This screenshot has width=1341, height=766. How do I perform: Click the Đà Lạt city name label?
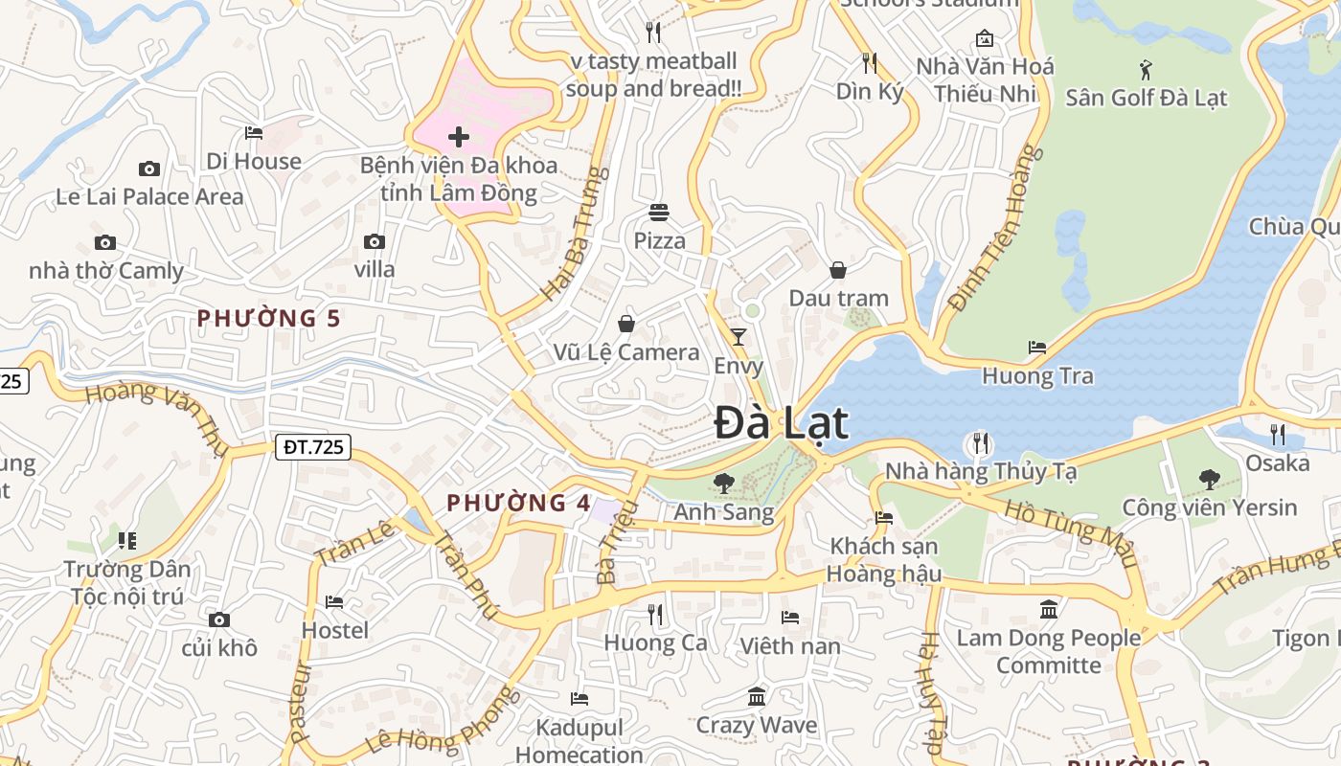click(x=781, y=423)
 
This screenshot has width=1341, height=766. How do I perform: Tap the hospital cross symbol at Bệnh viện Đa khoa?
click(x=459, y=137)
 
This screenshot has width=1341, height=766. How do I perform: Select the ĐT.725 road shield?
click(x=313, y=446)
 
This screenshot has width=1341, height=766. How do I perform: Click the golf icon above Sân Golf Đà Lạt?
click(x=1146, y=69)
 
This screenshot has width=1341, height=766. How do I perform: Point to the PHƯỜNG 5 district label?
click(x=268, y=318)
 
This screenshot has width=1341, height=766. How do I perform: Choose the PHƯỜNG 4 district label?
click(x=518, y=502)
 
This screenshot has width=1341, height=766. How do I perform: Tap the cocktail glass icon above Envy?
click(x=739, y=336)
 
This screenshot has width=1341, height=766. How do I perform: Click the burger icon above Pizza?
click(x=659, y=212)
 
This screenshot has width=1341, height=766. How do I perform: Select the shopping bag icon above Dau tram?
click(x=838, y=270)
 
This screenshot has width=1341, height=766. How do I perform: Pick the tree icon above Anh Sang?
click(x=724, y=484)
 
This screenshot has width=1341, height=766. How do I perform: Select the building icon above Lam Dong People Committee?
click(x=1049, y=609)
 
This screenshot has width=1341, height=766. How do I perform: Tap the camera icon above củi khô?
click(x=219, y=620)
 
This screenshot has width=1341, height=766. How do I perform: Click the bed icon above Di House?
click(x=254, y=133)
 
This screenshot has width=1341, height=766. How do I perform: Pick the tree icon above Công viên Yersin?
click(x=1209, y=479)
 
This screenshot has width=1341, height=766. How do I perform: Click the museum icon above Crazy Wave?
click(x=757, y=696)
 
